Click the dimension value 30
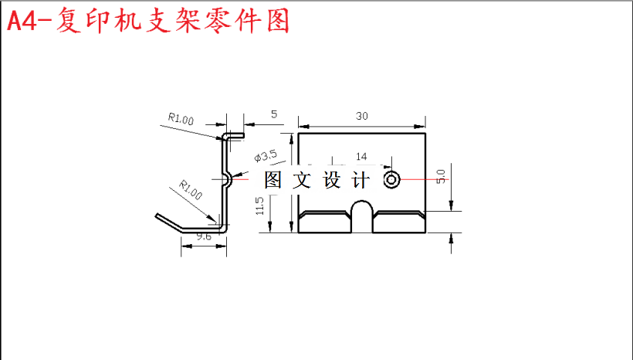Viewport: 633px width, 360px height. pyautogui.click(x=361, y=116)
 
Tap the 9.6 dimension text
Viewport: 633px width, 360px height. pyautogui.click(x=204, y=237)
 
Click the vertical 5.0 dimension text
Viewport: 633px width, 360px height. pyautogui.click(x=441, y=176)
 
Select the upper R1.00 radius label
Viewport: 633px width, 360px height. pyautogui.click(x=181, y=119)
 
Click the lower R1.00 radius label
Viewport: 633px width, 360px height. pyautogui.click(x=190, y=189)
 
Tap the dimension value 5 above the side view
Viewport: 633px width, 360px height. pyautogui.click(x=274, y=114)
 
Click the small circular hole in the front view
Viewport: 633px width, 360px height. pyautogui.click(x=391, y=180)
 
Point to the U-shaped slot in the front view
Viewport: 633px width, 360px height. pyautogui.click(x=361, y=216)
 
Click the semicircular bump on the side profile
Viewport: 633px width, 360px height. pyautogui.click(x=227, y=180)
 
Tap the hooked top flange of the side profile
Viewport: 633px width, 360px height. pyautogui.click(x=234, y=135)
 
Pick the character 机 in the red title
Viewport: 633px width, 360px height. pyautogui.click(x=148, y=21)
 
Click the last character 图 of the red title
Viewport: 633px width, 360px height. pyautogui.click(x=276, y=21)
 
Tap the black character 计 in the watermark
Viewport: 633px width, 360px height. pyautogui.click(x=361, y=181)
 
